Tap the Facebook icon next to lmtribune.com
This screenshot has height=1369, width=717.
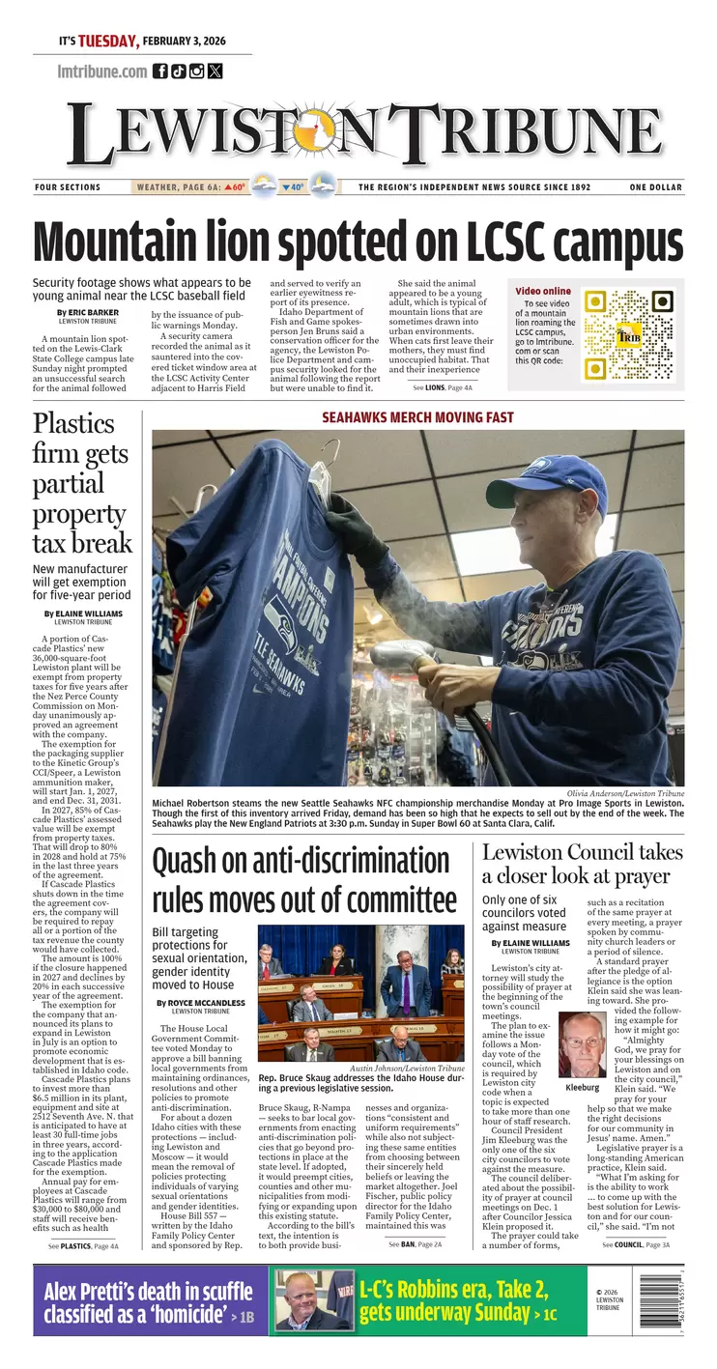coord(160,71)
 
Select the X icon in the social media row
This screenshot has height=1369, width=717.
coord(215,71)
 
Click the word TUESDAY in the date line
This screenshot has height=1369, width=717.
coord(108,41)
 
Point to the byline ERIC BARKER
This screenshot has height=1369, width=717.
coord(93,312)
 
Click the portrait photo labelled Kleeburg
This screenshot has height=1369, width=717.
coord(583,1045)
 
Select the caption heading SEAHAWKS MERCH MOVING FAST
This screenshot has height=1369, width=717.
coord(417,417)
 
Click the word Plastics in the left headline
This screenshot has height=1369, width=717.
coord(73,423)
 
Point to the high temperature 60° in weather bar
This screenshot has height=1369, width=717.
coord(236,187)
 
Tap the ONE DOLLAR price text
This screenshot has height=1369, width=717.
coord(655,187)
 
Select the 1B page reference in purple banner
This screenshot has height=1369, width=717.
coord(246,1316)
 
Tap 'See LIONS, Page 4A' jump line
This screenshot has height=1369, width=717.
coord(442,386)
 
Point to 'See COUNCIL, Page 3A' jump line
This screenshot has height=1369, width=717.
coord(633,1244)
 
